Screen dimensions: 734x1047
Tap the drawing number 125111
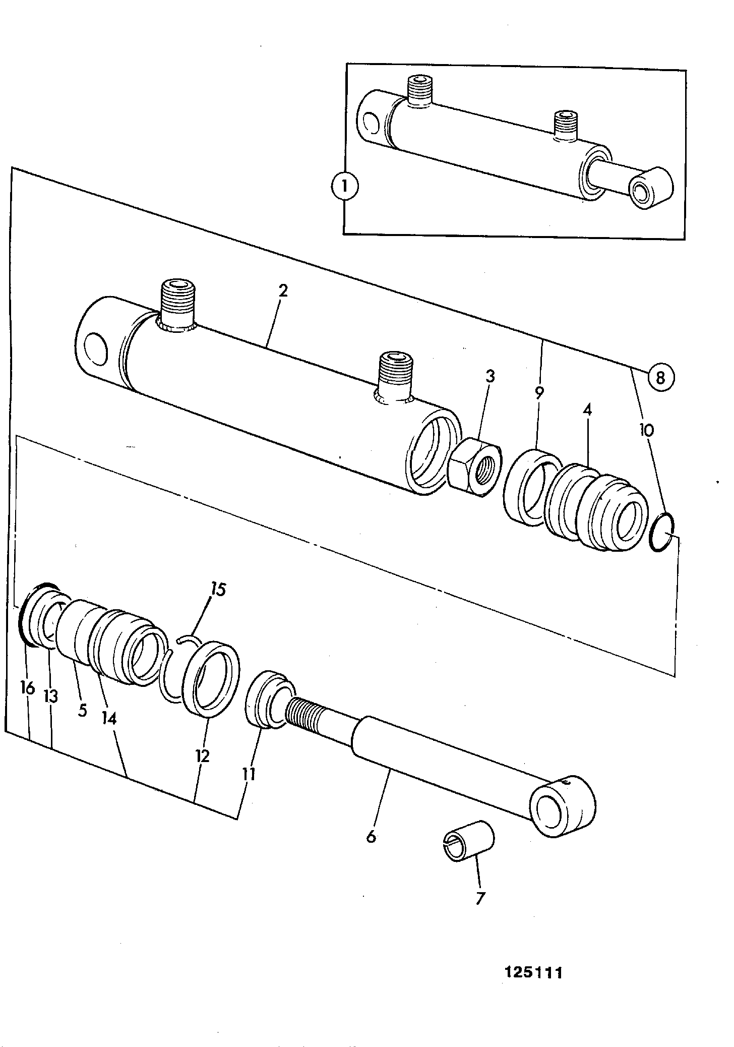click(533, 972)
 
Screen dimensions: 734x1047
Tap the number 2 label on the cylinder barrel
click(283, 292)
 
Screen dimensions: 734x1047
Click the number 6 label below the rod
click(371, 837)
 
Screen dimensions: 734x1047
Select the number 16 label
click(28, 687)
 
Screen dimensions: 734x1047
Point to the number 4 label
click(586, 410)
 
